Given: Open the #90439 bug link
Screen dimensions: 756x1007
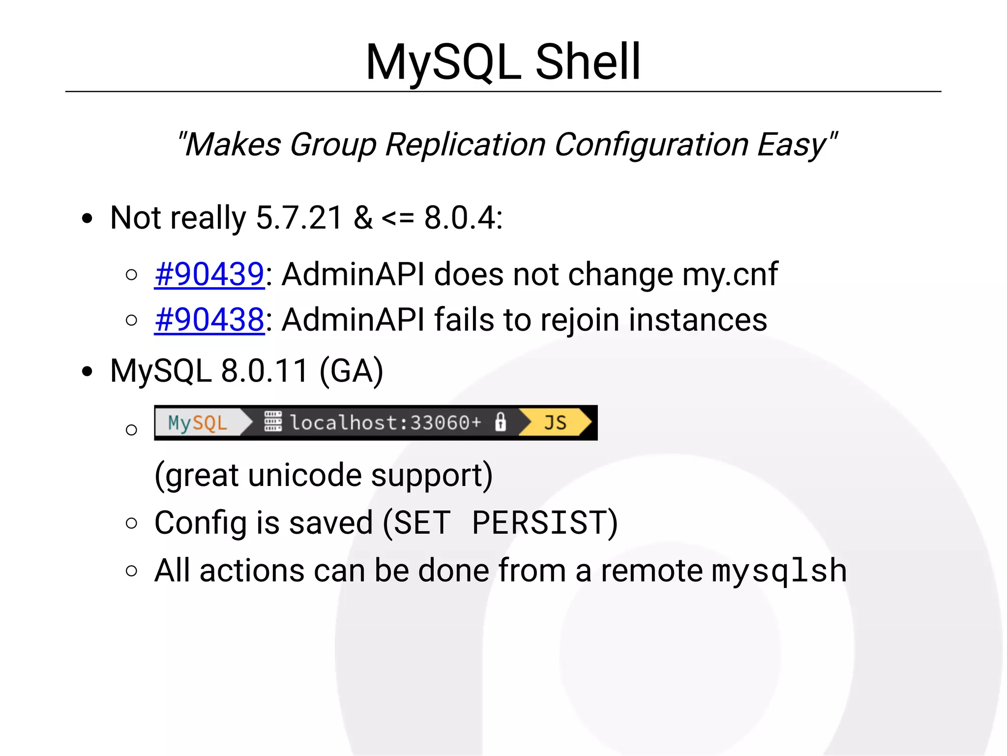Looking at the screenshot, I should click(209, 274).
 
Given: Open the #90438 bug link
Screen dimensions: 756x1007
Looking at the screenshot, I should click(209, 320).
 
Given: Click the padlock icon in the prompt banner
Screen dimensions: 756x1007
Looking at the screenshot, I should click(500, 423).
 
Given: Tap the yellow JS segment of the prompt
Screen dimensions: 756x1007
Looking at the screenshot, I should click(555, 423).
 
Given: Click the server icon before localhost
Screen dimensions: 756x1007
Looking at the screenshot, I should click(273, 422).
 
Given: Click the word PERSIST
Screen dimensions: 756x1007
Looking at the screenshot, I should click(539, 522).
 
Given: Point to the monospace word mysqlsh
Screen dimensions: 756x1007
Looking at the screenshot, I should click(779, 571).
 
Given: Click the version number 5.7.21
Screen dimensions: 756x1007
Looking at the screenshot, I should click(299, 217).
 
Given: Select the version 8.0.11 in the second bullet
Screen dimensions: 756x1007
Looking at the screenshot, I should click(265, 371).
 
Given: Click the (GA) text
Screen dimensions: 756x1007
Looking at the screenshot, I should click(351, 371).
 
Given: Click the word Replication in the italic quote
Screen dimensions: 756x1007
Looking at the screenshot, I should click(465, 145).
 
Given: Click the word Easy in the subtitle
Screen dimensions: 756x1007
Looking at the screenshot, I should click(793, 145).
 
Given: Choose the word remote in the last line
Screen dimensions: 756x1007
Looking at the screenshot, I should click(652, 571).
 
